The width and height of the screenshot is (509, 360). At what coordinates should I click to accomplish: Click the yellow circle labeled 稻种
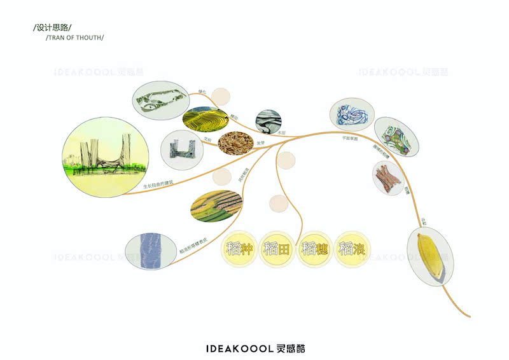click(239, 249)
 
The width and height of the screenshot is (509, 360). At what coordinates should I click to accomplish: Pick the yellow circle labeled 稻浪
click(352, 249)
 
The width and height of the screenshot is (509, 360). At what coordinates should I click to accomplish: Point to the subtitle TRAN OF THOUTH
click(75, 38)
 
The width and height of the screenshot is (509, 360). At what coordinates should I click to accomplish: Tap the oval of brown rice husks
click(237, 144)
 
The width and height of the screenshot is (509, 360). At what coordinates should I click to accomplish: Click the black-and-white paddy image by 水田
click(268, 121)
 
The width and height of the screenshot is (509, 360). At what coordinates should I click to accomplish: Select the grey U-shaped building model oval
click(182, 147)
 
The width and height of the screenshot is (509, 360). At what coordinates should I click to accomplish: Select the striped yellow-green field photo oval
click(216, 207)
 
